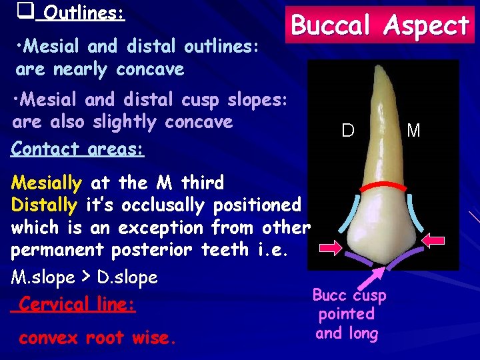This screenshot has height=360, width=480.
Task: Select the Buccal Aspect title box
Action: [x=381, y=26]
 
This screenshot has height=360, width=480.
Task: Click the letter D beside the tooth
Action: [x=347, y=131]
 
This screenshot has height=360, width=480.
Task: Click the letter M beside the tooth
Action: [x=413, y=131]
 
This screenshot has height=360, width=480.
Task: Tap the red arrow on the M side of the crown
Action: [x=437, y=239]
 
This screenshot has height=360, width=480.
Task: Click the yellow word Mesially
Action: [x=47, y=181]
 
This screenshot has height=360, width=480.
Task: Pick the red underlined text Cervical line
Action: [x=77, y=304]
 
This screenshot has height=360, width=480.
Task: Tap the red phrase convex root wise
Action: [x=97, y=337]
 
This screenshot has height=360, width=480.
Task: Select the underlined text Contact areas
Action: [x=77, y=149]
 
